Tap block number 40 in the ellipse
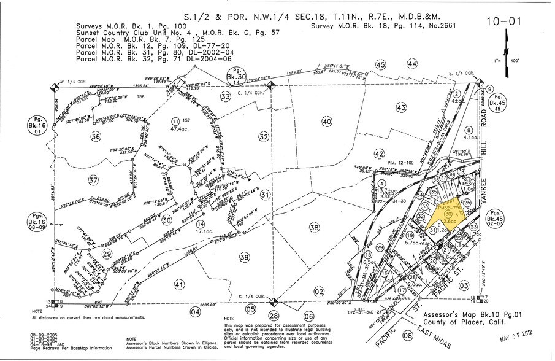click(x=327, y=122)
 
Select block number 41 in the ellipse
click(x=179, y=284)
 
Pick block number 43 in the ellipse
click(x=401, y=108)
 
